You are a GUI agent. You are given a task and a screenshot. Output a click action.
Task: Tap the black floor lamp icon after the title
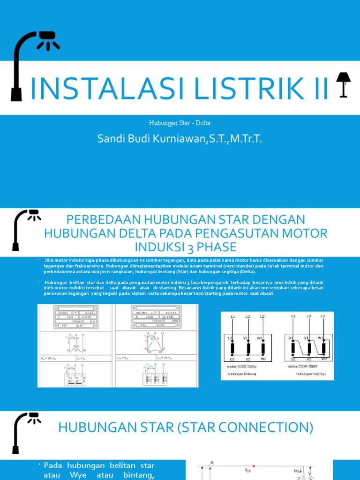click(x=343, y=84)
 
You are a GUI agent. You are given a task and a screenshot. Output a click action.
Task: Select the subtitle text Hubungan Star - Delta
click(x=180, y=123)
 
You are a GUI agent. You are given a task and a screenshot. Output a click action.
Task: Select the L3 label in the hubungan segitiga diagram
click(x=322, y=317)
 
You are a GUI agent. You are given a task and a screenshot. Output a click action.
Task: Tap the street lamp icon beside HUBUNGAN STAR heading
click(x=26, y=432)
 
